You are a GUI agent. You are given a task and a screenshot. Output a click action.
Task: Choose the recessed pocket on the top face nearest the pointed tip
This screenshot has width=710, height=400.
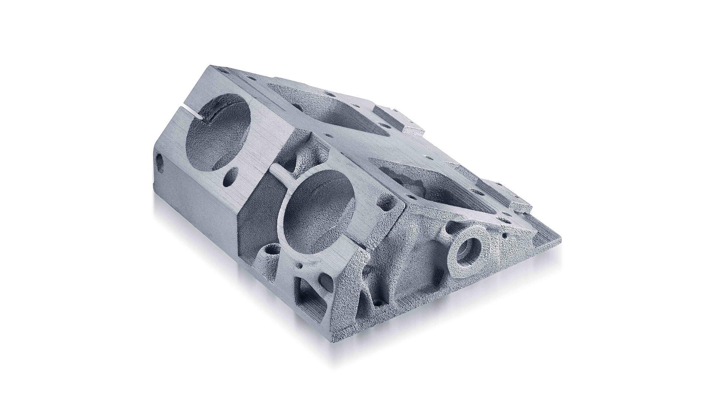[436, 185]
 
